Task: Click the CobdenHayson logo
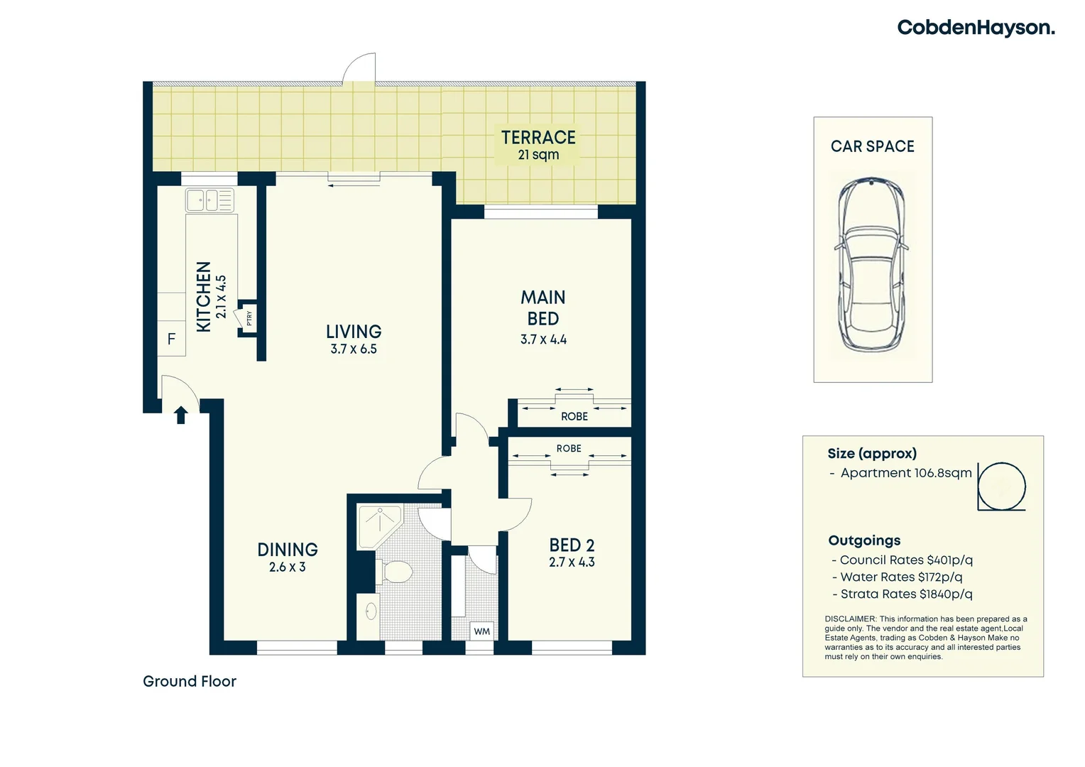pos(976,28)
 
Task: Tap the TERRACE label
pos(538,137)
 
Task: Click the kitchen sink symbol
pos(209,200)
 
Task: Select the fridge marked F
pos(171,339)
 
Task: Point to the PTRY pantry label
pos(249,319)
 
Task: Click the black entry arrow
pos(181,414)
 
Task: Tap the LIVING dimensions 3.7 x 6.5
pos(354,349)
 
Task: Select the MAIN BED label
pos(543,308)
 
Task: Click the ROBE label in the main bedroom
pos(574,417)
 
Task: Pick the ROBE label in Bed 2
pos(569,449)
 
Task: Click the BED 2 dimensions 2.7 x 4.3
pos(572,562)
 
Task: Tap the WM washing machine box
pos(482,631)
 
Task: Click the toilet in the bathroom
pos(396,572)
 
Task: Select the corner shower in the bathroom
pos(379,525)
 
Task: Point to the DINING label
pos(288,550)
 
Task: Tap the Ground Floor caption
pos(190,682)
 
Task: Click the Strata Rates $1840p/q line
pos(902,594)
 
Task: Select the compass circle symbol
pos(1002,486)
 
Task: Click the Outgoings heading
pos(864,540)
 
